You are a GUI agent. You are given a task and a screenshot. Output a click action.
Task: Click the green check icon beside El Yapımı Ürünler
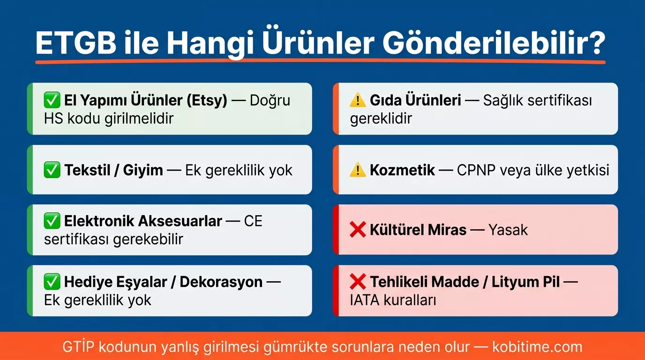point(52,100)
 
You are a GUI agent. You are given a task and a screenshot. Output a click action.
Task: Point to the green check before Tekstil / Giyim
point(52,170)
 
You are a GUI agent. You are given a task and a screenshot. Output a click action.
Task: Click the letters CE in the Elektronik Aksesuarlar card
point(253,221)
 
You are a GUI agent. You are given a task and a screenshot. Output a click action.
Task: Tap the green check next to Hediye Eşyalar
point(52,282)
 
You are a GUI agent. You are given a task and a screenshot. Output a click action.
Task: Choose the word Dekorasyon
point(221,282)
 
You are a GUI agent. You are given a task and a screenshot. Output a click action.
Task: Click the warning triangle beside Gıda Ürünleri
point(358,100)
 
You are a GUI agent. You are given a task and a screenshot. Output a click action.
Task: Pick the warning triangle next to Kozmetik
point(358,170)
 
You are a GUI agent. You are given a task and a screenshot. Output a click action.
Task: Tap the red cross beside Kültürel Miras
point(358,230)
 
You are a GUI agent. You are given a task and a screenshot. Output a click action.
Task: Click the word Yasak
point(508,230)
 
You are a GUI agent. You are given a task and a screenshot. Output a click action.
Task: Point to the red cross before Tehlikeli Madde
point(358,282)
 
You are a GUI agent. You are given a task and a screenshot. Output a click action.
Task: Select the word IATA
point(365,300)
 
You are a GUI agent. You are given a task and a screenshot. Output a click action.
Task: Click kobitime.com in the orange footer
point(537,347)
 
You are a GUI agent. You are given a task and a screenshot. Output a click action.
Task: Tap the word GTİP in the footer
point(78,347)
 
